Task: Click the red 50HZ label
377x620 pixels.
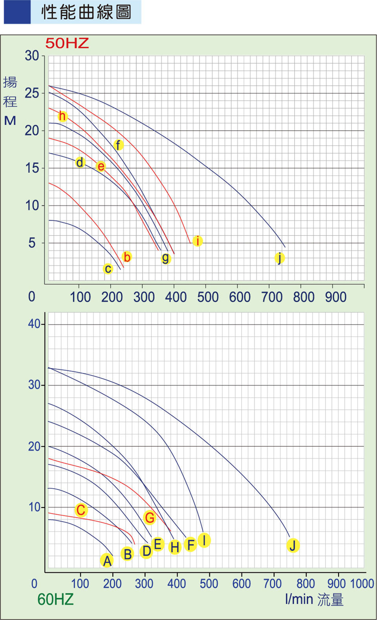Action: [67, 43]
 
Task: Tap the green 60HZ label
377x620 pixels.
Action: [55, 599]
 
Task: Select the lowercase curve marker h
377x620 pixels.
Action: [62, 116]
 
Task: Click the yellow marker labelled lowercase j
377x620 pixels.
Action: [279, 258]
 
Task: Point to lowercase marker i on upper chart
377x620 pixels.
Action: [198, 241]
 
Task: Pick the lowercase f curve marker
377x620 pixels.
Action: [118, 145]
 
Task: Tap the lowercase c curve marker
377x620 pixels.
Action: [108, 269]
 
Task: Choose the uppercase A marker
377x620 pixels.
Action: [107, 561]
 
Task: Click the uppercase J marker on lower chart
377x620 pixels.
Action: [293, 545]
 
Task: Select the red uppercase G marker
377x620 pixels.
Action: [150, 517]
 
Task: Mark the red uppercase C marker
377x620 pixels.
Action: [81, 510]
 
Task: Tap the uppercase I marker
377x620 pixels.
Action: [204, 540]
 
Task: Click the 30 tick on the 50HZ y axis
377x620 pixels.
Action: [32, 56]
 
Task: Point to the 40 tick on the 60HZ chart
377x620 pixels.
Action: [34, 324]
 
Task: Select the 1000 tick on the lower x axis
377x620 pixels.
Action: [362, 583]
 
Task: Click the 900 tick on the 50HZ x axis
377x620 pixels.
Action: [336, 297]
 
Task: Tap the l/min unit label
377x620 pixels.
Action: [299, 599]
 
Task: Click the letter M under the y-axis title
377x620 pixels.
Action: [10, 120]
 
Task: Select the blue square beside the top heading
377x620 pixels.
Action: [17, 12]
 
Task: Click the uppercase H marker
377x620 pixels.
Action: [175, 546]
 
